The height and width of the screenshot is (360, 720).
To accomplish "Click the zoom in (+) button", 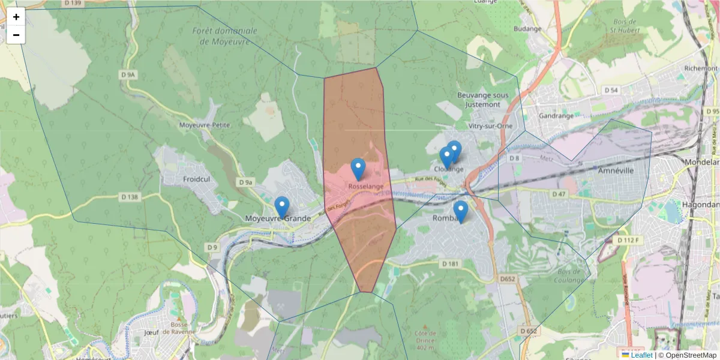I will coord(16,17).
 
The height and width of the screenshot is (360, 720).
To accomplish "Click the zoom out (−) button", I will coord(16,35).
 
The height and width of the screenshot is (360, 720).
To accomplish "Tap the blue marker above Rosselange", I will coord(358,169).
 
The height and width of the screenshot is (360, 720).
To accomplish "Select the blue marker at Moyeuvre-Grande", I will coord(282,207).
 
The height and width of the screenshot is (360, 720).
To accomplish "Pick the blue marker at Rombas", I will coord(460,212).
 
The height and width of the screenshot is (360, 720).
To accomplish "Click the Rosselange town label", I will coord(365,187).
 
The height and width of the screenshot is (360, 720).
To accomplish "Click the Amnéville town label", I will coord(616,170).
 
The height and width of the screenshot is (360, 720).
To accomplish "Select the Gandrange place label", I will coord(557,115).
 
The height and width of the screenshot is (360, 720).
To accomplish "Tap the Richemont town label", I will coord(701,68).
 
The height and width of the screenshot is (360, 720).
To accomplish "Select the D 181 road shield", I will coord(449,263).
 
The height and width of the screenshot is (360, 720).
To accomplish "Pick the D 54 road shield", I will coord(611,90).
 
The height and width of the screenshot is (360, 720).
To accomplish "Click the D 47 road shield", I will coord(559,194).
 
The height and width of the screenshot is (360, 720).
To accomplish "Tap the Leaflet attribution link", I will coord(641,355).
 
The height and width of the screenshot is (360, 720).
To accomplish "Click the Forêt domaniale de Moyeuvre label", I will coord(225,36).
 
